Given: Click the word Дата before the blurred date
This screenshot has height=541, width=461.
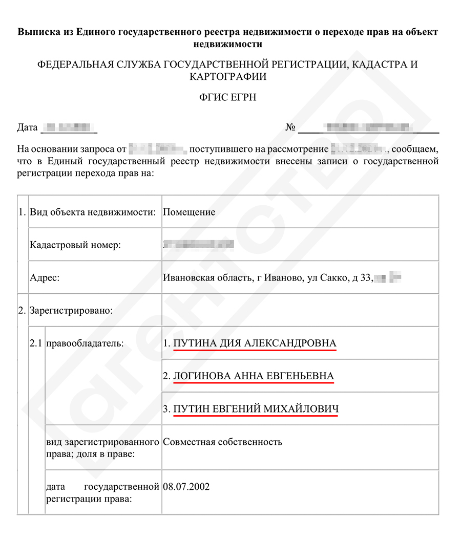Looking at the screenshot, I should pos(27,127).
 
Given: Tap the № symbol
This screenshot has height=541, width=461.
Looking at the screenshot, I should pos(290,127).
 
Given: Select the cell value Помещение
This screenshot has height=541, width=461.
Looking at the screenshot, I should pos(189,212).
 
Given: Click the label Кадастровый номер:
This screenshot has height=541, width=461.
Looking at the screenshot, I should pos(75,245).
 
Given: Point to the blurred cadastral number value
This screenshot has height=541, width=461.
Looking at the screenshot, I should pos(198,245).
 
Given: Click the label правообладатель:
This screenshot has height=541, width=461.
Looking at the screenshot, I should pos(85,343).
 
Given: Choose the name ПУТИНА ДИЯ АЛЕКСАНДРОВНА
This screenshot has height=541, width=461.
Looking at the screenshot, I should pos(255,343).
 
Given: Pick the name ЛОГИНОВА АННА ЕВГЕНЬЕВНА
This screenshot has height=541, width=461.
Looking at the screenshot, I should pos(254,376).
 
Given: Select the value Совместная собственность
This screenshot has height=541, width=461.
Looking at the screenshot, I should pos(222,441).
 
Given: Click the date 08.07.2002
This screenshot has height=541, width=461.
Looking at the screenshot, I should pos(186,486).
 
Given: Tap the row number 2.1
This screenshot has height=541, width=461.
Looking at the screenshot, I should pos(36,343).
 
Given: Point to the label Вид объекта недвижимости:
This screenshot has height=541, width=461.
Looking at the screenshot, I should pos(93,212).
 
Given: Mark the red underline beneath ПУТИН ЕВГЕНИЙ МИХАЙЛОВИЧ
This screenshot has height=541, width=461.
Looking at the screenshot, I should pos(256,416).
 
